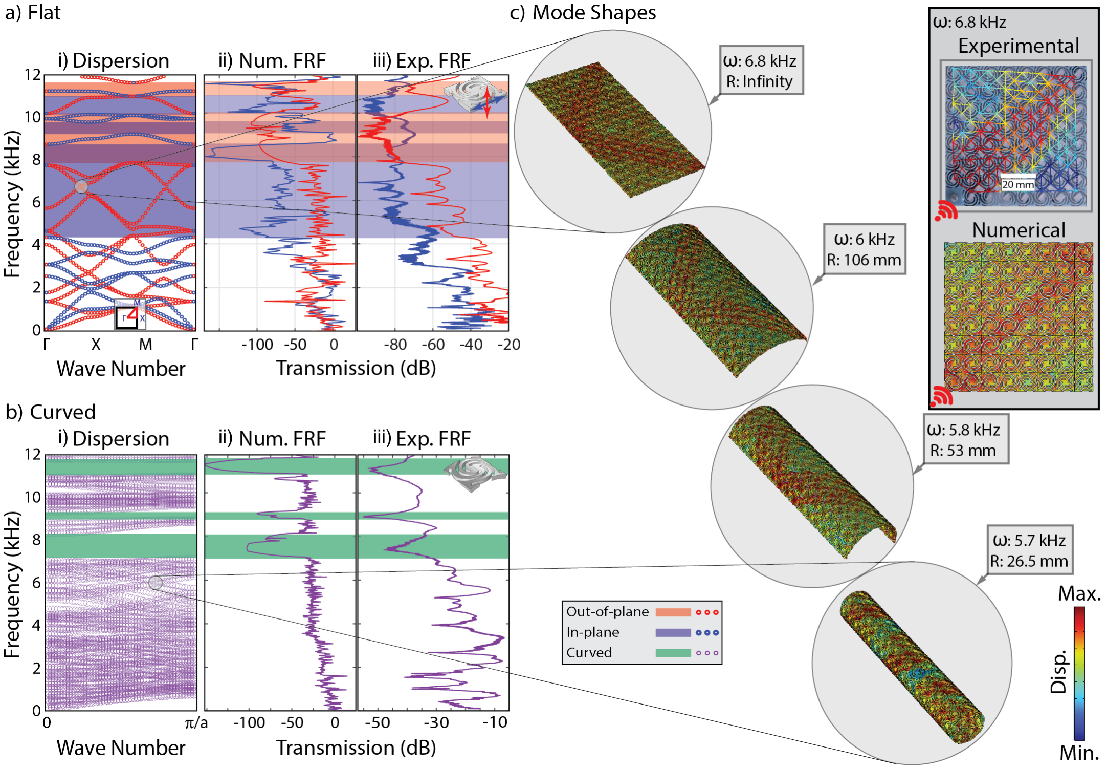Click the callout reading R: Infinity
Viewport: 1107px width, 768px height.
(x=761, y=70)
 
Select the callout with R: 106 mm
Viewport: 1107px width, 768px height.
(x=864, y=249)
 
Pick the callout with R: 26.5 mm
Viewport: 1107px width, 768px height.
(x=1029, y=550)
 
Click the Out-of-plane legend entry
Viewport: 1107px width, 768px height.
(x=608, y=611)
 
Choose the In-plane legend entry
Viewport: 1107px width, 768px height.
(x=593, y=632)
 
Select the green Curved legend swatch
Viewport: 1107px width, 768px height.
(x=673, y=653)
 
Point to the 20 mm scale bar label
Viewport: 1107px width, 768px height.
(x=1017, y=184)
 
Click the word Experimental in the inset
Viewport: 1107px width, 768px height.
(x=1019, y=46)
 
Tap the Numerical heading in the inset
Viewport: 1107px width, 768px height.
(x=1019, y=230)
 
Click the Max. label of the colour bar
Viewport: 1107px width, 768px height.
(x=1079, y=594)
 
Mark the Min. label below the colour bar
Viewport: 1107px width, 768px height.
(x=1079, y=753)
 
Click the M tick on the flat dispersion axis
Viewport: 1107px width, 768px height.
(x=145, y=345)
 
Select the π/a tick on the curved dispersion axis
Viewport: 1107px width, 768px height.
(x=196, y=723)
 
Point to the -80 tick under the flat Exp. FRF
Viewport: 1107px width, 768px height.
(x=395, y=345)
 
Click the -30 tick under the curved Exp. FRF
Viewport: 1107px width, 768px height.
(x=436, y=723)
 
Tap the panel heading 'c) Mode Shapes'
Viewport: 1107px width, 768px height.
(x=583, y=13)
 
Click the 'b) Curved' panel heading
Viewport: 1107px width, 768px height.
(x=51, y=412)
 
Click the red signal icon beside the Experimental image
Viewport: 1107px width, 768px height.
(x=946, y=210)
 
